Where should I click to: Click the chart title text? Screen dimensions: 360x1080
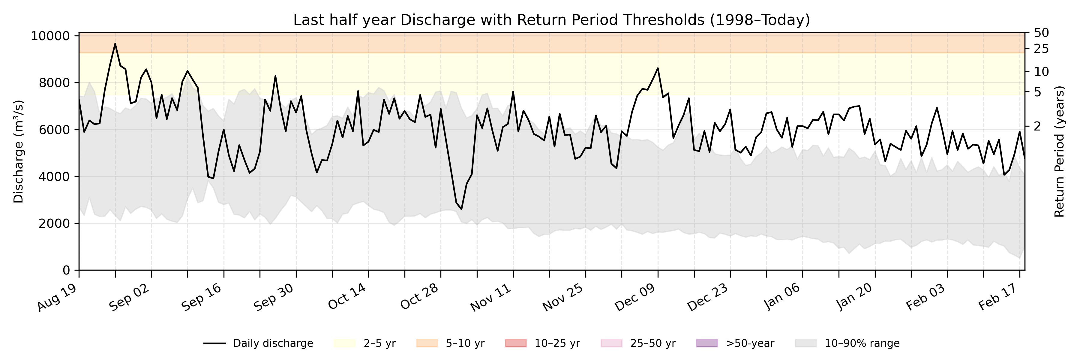pos(551,20)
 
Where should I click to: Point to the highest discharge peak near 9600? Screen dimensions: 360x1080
pos(115,44)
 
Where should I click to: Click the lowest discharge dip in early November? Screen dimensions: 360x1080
pos(461,209)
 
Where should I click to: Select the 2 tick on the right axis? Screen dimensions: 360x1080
pos(1038,126)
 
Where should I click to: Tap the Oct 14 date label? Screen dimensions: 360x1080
pos(347,296)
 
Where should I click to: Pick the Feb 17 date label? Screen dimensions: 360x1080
pos(998,296)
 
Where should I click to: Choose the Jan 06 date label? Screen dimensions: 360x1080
pos(782,296)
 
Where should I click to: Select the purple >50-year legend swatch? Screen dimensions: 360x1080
pos(706,343)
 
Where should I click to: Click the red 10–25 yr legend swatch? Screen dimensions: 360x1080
pos(516,343)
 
